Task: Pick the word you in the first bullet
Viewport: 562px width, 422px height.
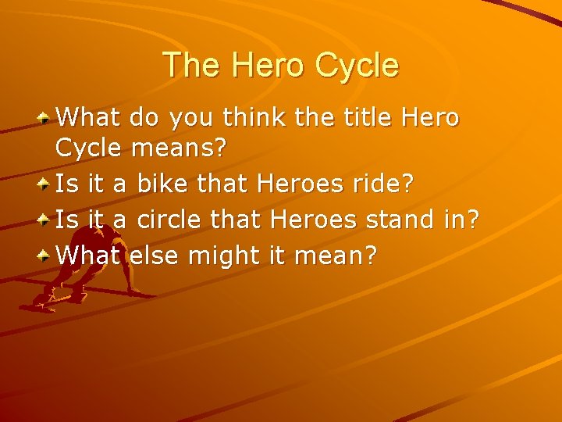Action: pos(194,120)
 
